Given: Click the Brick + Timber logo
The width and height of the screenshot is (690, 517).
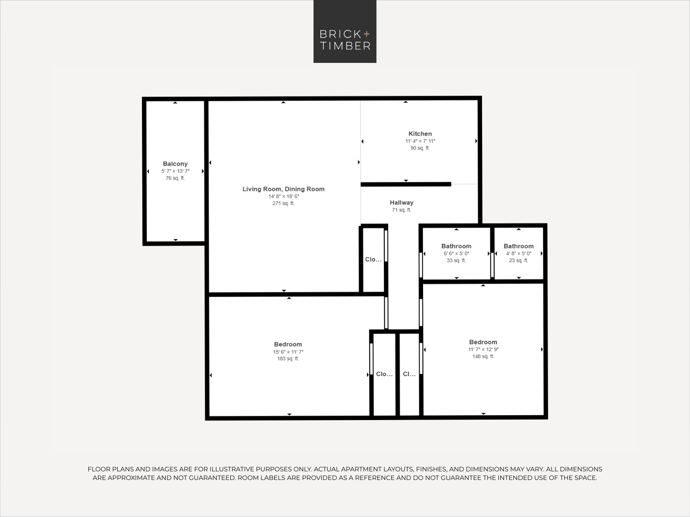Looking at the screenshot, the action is [x=345, y=31].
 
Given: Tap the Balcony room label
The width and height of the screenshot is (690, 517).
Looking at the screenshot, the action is [x=175, y=164].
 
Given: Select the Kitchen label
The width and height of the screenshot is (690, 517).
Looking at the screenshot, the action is [x=420, y=134].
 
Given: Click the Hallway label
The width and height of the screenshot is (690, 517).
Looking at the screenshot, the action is [x=401, y=202].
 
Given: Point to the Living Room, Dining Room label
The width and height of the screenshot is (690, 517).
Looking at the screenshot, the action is [x=283, y=189].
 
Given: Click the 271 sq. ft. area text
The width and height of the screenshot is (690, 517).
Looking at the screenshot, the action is [x=283, y=203].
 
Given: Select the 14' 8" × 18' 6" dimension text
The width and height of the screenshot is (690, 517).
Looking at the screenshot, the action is [x=283, y=196].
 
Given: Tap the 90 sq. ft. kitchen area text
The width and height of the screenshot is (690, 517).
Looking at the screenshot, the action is [x=420, y=148].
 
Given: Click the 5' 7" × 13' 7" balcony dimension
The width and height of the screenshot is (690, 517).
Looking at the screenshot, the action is [x=176, y=171].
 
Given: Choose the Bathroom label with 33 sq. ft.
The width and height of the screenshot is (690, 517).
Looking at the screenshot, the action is [x=456, y=246].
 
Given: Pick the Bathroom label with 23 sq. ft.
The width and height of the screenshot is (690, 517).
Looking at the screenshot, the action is [x=518, y=246].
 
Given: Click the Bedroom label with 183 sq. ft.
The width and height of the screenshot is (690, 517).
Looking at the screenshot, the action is [x=288, y=344].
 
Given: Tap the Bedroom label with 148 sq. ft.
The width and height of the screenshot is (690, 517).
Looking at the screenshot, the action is [x=483, y=342].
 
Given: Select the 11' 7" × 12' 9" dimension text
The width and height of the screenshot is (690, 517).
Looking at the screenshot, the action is [x=483, y=349].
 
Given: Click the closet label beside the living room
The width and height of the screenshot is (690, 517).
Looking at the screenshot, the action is [x=373, y=259].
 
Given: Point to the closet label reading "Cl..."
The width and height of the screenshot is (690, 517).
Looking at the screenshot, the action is [x=409, y=374].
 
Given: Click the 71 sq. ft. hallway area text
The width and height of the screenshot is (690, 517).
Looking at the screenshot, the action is [x=401, y=210].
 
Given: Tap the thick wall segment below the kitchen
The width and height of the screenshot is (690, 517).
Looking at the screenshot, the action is [x=406, y=184].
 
